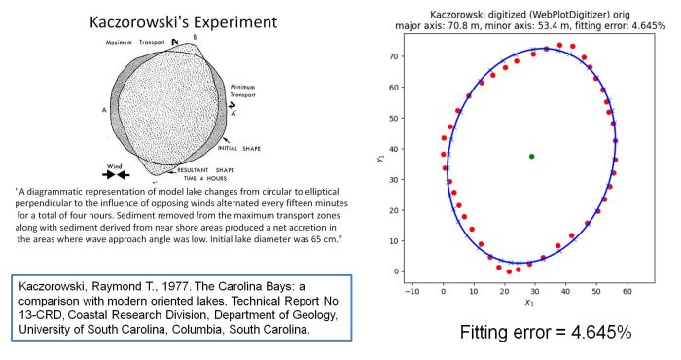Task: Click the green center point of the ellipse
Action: click(x=531, y=156)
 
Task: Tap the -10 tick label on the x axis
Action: click(x=413, y=290)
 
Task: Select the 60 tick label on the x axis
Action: click(x=627, y=290)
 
